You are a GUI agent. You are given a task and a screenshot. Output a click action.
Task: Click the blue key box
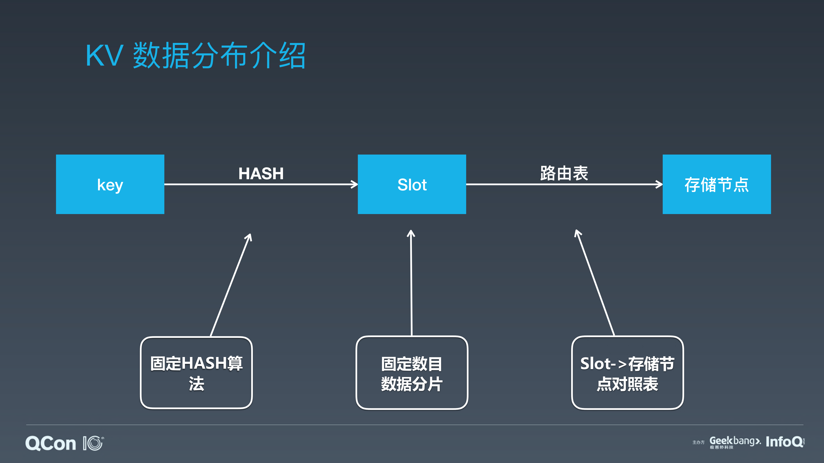point(110,184)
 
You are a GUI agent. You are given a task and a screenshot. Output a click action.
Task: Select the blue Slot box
point(412,184)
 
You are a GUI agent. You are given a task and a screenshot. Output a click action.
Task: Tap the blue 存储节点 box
point(716,184)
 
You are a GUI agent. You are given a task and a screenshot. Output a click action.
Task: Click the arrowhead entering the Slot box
point(354,184)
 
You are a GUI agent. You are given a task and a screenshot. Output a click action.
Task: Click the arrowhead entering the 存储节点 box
point(659,184)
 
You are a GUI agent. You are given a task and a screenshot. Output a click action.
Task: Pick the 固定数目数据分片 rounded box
point(412,373)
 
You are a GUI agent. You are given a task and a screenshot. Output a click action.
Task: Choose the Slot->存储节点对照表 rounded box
point(627,373)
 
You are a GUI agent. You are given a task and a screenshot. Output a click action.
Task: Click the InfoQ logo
point(784,442)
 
